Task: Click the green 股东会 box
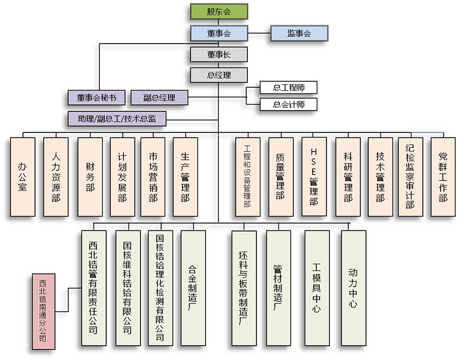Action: click(218, 10)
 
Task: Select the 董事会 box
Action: click(218, 33)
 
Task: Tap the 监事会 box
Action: click(299, 33)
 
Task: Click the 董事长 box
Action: click(218, 54)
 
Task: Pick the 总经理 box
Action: click(218, 75)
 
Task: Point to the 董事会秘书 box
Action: click(96, 97)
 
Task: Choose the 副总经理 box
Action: click(159, 97)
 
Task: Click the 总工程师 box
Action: click(288, 88)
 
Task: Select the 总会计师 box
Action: click(288, 104)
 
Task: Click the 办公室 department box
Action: click(23, 176)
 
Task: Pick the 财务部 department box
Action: click(90, 176)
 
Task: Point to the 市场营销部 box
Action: click(153, 176)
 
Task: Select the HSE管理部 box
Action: click(313, 176)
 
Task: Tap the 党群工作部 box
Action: click(442, 176)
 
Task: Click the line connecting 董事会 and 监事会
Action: click(259, 33)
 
